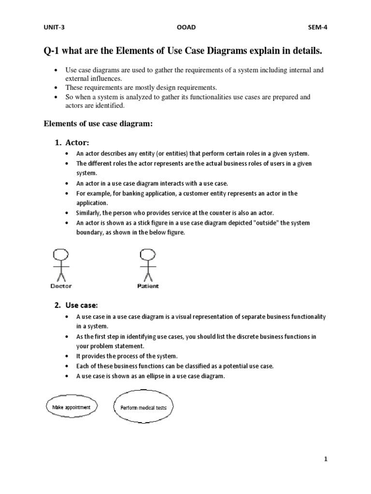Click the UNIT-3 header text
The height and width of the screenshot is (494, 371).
54,27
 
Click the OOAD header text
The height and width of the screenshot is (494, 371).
187,27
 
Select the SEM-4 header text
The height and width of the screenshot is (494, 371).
317,27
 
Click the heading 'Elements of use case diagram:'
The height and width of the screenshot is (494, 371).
98,124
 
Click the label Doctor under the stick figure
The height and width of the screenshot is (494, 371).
61,286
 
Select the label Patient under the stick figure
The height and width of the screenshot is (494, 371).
147,286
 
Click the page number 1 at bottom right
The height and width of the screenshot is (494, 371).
326,459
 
